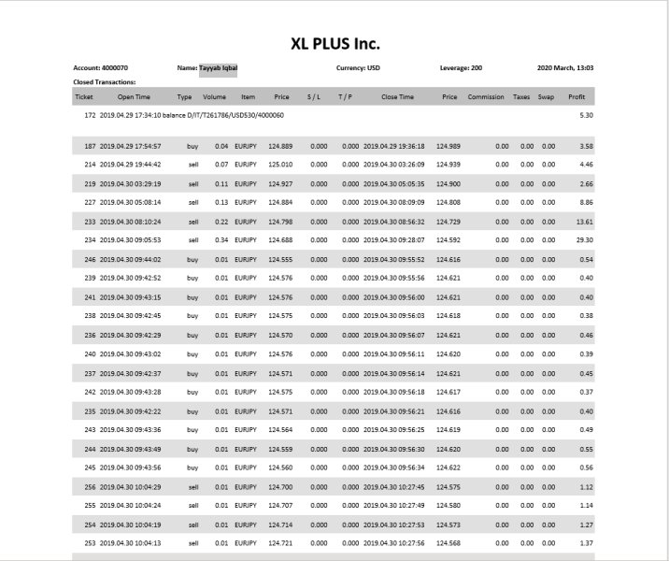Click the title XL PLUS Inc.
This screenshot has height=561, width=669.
pos(334,43)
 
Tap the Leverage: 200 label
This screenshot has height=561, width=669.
pos(461,67)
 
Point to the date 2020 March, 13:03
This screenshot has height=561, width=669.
pos(565,67)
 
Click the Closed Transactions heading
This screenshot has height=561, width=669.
pos(104,81)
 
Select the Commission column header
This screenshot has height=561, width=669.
pos(486,96)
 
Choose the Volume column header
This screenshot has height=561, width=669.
pos(215,96)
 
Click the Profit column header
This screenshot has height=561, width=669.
pos(577,96)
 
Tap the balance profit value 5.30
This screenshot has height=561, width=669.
pos(587,115)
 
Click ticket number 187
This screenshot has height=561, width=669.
pos(90,146)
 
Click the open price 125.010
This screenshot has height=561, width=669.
pos(279,165)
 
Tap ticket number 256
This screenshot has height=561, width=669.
pos(90,486)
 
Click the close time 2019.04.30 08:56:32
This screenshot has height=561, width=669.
pos(393,222)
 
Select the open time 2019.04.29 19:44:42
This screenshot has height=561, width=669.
pos(130,165)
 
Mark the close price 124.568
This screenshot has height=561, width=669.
pos(449,542)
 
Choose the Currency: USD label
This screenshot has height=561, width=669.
pos(359,67)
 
